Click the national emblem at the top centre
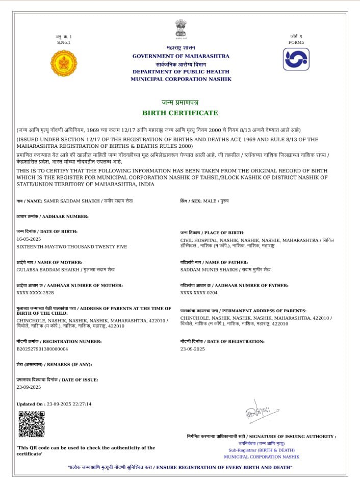(x=181, y=29)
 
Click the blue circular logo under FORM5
(x=296, y=59)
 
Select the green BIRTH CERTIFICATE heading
(x=180, y=113)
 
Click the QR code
(x=31, y=424)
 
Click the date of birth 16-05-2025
(x=29, y=239)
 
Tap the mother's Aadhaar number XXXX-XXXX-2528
(x=35, y=293)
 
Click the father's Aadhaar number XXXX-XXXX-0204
(x=199, y=293)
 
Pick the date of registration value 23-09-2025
(x=192, y=349)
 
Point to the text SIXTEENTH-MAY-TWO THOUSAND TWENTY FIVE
(x=72, y=246)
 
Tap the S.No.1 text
(x=64, y=42)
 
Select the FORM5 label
(x=296, y=42)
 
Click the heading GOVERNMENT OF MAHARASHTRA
(x=181, y=56)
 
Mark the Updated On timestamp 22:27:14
(x=81, y=404)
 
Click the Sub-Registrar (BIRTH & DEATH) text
(x=261, y=450)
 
